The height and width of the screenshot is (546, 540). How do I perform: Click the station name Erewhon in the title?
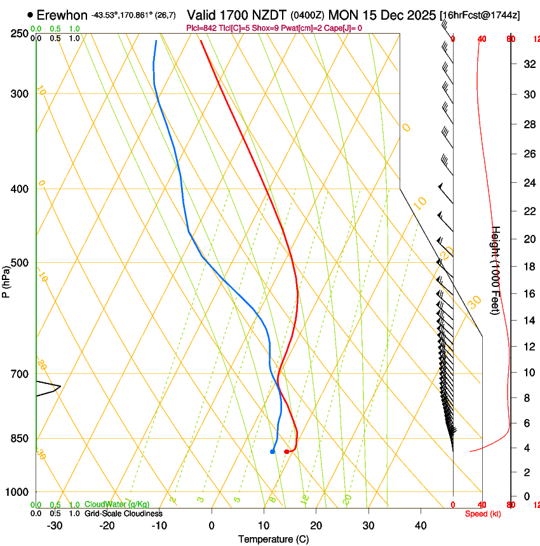[62, 15]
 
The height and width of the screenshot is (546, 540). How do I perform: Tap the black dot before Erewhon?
[30, 15]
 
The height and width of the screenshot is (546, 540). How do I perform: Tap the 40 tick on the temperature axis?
[420, 525]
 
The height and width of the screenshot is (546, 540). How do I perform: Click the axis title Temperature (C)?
[273, 539]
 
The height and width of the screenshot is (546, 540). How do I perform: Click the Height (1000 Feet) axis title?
[496, 270]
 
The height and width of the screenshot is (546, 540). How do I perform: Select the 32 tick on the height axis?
[527, 63]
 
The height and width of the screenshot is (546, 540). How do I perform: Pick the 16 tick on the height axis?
[527, 293]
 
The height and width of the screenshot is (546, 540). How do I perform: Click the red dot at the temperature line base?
[287, 451]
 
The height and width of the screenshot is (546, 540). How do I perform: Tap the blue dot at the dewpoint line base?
[273, 451]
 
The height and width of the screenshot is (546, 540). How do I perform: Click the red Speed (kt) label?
[483, 514]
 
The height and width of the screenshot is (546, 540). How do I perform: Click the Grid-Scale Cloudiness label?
[123, 513]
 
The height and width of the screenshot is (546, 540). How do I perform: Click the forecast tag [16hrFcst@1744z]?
[479, 15]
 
